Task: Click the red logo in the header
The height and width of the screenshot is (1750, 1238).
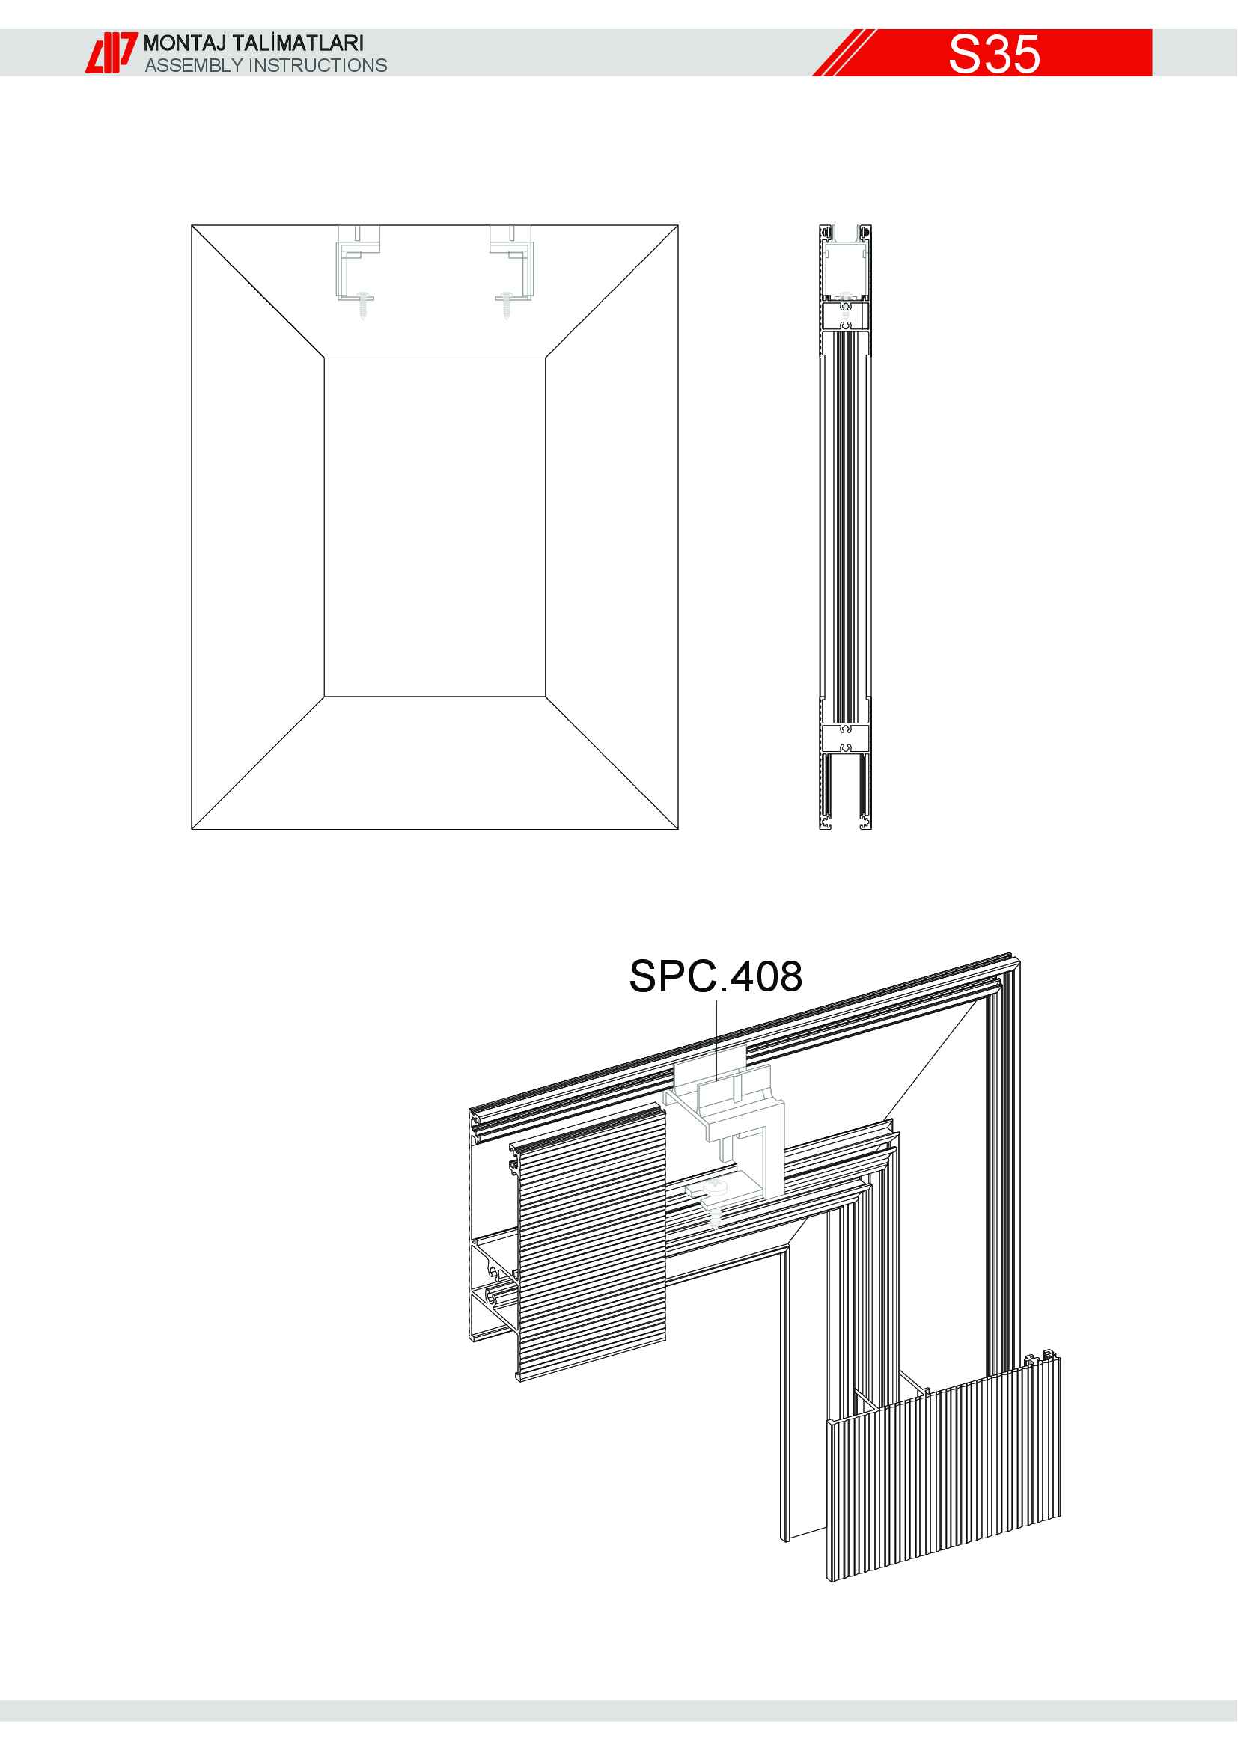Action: click(112, 52)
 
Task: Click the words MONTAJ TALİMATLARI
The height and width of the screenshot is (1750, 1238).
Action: click(254, 43)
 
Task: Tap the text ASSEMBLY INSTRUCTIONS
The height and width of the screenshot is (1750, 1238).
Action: click(266, 66)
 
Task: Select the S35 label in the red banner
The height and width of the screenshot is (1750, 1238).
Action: click(994, 54)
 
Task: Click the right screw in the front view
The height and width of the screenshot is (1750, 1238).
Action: click(506, 304)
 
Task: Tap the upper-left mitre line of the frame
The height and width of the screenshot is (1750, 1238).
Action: click(257, 291)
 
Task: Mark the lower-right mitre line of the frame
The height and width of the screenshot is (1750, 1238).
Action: click(612, 762)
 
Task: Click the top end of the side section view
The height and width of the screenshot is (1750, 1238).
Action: click(845, 229)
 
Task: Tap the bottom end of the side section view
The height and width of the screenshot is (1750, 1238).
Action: click(845, 824)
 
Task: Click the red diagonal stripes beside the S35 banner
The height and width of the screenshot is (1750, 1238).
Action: click(844, 52)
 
